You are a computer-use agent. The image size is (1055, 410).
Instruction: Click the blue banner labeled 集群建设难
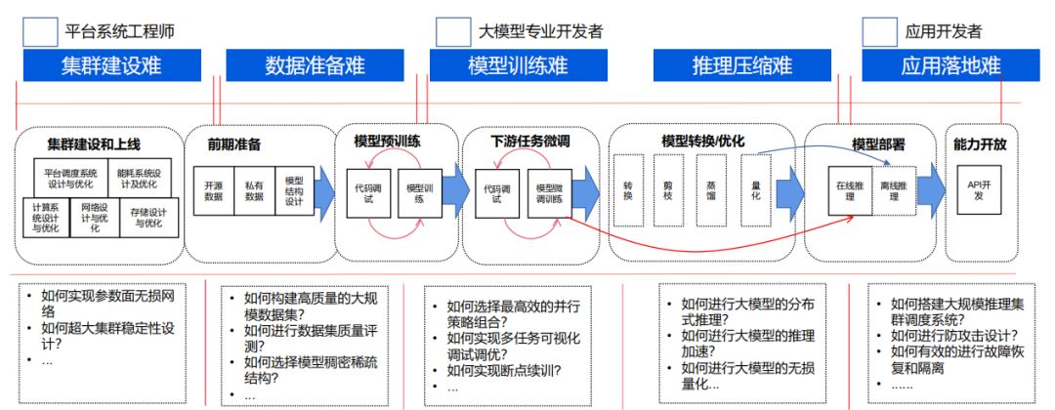[x=111, y=65]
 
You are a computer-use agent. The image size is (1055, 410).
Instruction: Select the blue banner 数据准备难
[x=315, y=65]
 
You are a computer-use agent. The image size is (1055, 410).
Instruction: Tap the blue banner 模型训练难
[x=518, y=65]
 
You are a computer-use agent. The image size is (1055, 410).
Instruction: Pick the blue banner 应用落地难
[x=950, y=65]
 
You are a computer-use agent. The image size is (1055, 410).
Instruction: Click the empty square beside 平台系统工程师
[x=40, y=31]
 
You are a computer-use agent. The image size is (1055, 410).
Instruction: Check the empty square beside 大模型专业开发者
[x=453, y=31]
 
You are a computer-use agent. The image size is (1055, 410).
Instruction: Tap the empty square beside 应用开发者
[x=879, y=31]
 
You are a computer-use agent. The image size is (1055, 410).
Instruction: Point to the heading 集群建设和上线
[x=94, y=144]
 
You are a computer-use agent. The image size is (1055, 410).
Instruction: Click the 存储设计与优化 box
[x=145, y=219]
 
